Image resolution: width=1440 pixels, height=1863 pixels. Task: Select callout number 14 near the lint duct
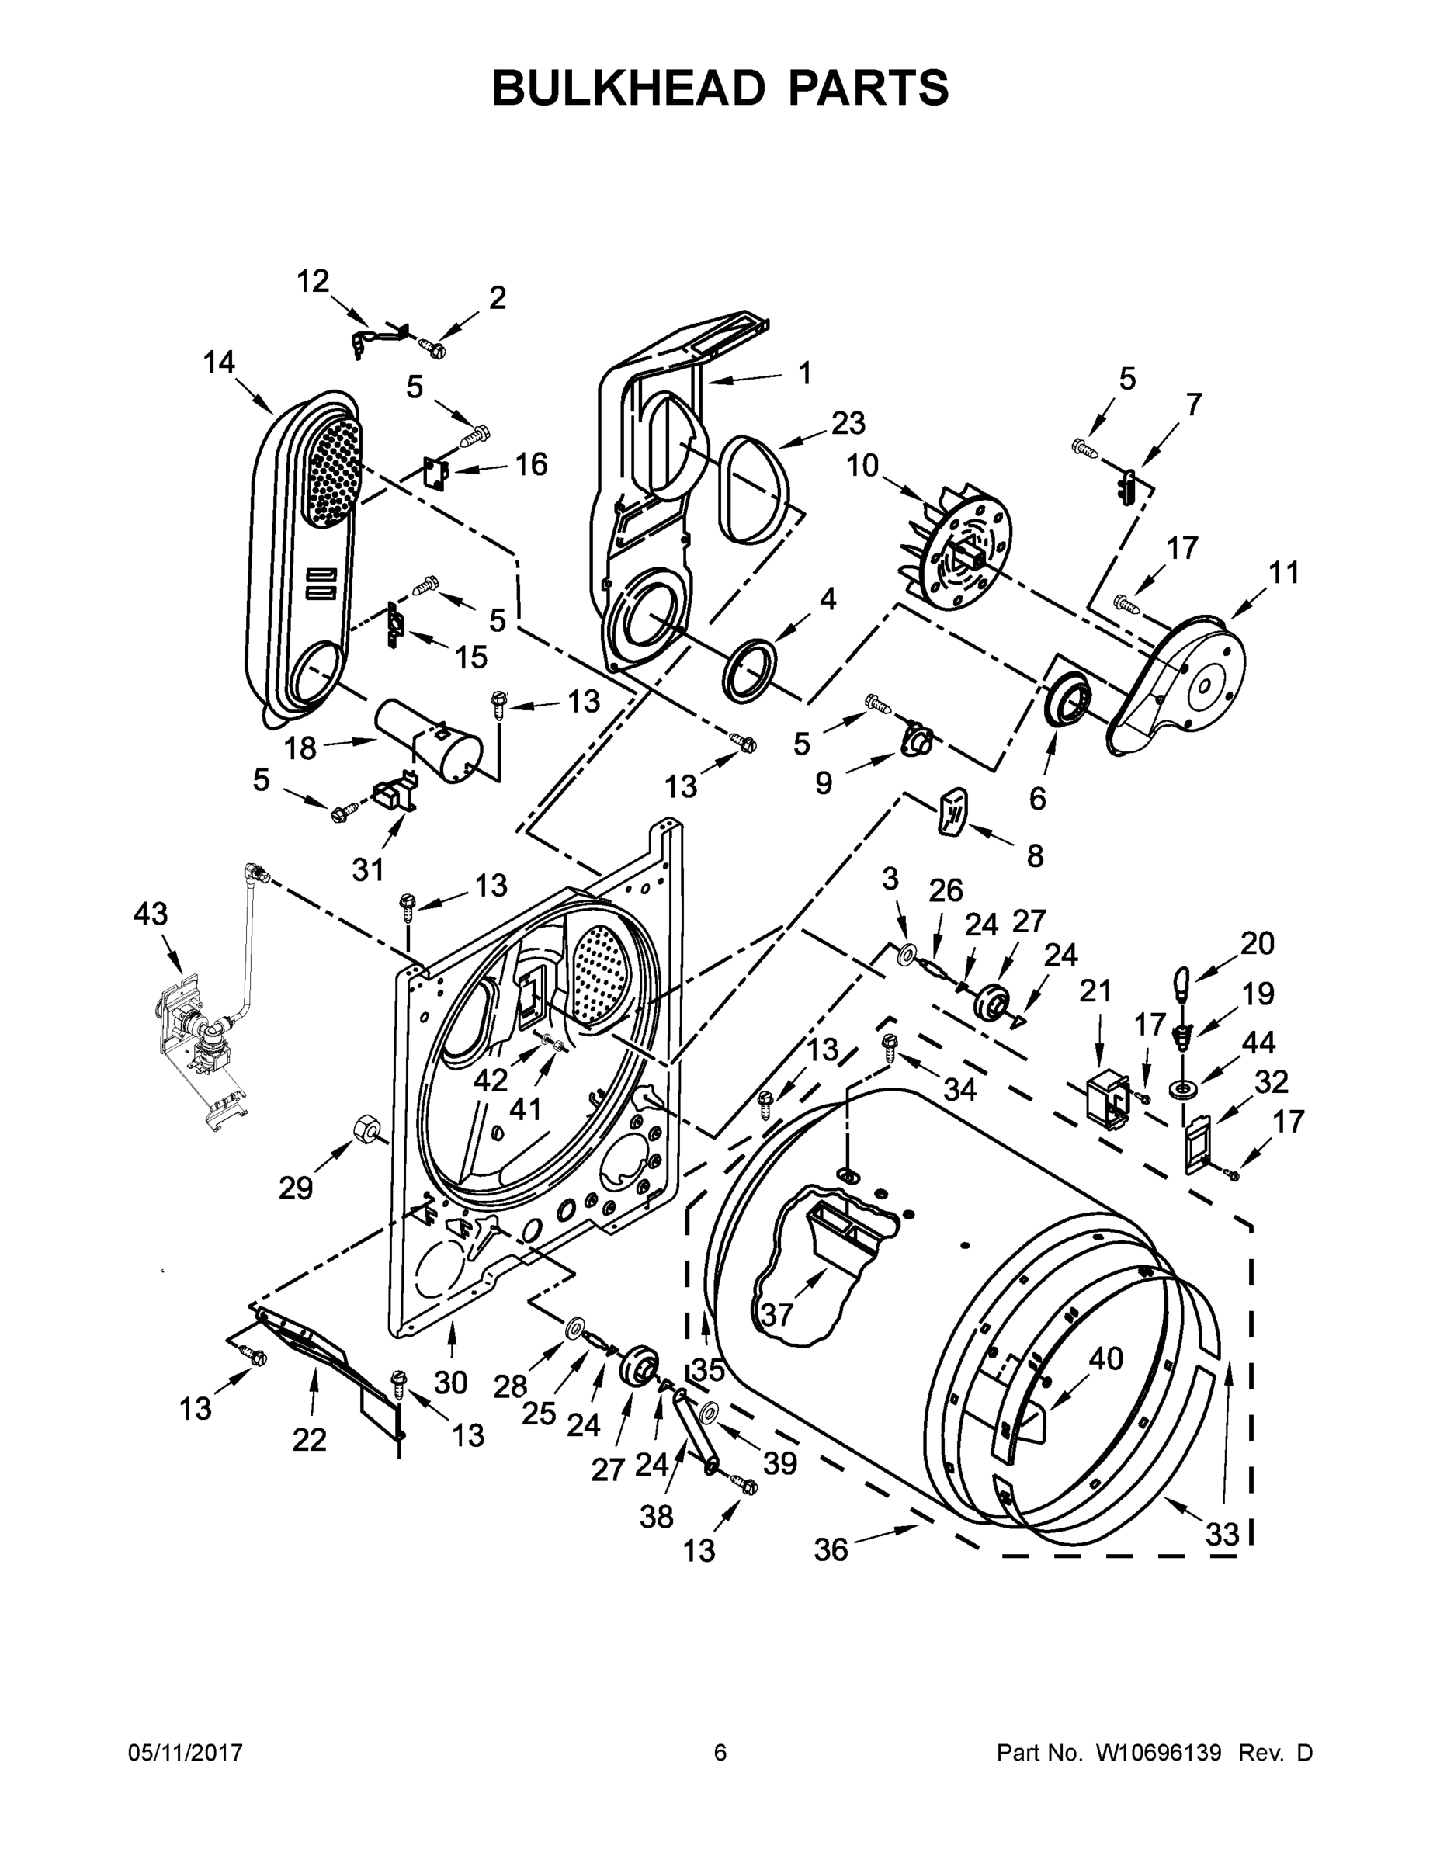click(x=218, y=363)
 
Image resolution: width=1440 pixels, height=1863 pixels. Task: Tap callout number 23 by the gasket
click(x=848, y=423)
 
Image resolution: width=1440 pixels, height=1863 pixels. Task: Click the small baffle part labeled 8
click(x=952, y=810)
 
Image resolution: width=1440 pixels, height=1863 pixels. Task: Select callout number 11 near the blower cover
click(x=1284, y=572)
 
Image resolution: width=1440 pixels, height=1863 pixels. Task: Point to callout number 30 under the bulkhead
click(x=449, y=1383)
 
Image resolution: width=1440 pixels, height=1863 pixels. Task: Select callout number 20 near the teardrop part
click(x=1257, y=943)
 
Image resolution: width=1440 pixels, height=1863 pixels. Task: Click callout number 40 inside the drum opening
click(x=1105, y=1359)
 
